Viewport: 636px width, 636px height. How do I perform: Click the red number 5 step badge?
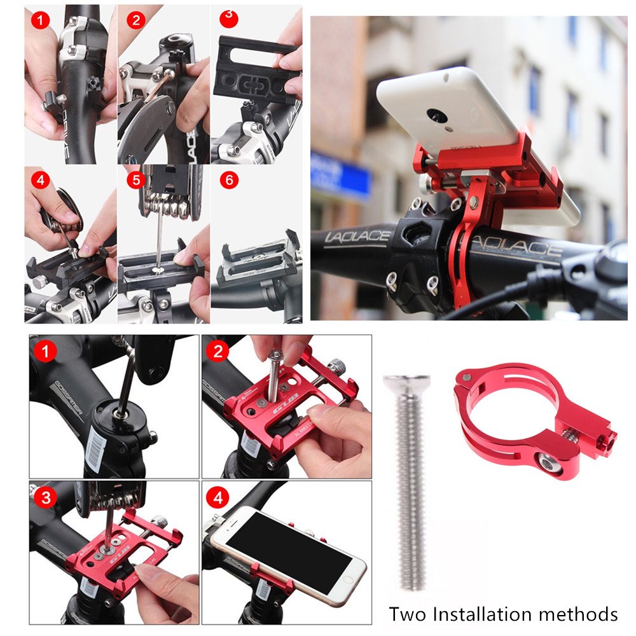pyautogui.click(x=135, y=180)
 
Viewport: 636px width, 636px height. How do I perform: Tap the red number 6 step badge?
pyautogui.click(x=229, y=180)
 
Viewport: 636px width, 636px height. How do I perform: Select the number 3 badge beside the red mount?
pyautogui.click(x=46, y=497)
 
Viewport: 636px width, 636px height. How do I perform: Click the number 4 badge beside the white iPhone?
pyautogui.click(x=218, y=497)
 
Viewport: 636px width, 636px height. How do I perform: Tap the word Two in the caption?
pyautogui.click(x=407, y=614)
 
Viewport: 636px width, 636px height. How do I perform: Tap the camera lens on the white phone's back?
pyautogui.click(x=436, y=116)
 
